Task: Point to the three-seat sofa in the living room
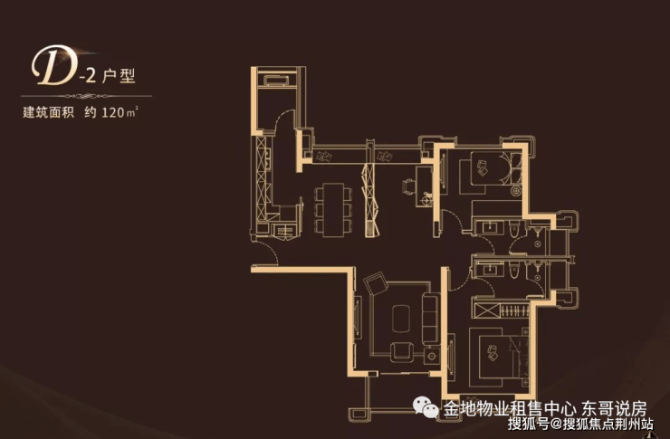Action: coord(429,319)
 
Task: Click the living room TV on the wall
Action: coord(360,320)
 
